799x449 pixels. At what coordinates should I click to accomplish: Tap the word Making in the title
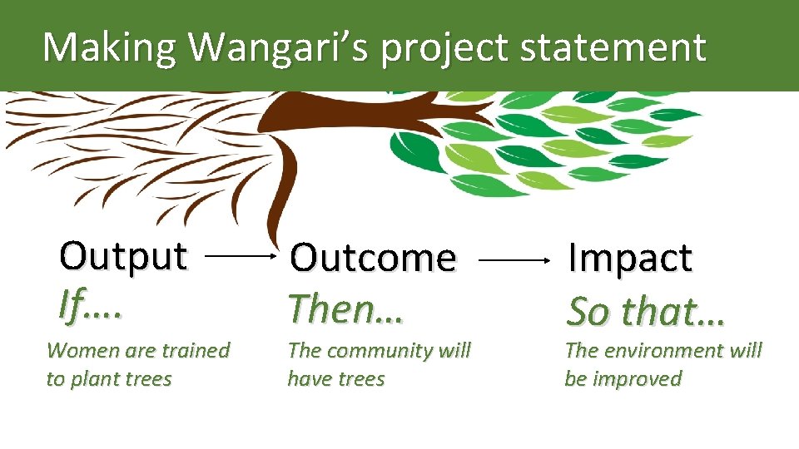(109, 48)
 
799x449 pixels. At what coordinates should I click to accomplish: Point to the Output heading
(123, 256)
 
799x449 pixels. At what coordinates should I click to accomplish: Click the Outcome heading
(372, 259)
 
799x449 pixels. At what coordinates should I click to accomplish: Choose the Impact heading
(629, 259)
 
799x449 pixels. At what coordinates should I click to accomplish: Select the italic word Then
(336, 309)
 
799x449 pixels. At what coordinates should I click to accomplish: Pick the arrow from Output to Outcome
(239, 258)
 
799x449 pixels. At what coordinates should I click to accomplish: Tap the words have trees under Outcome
(336, 379)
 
